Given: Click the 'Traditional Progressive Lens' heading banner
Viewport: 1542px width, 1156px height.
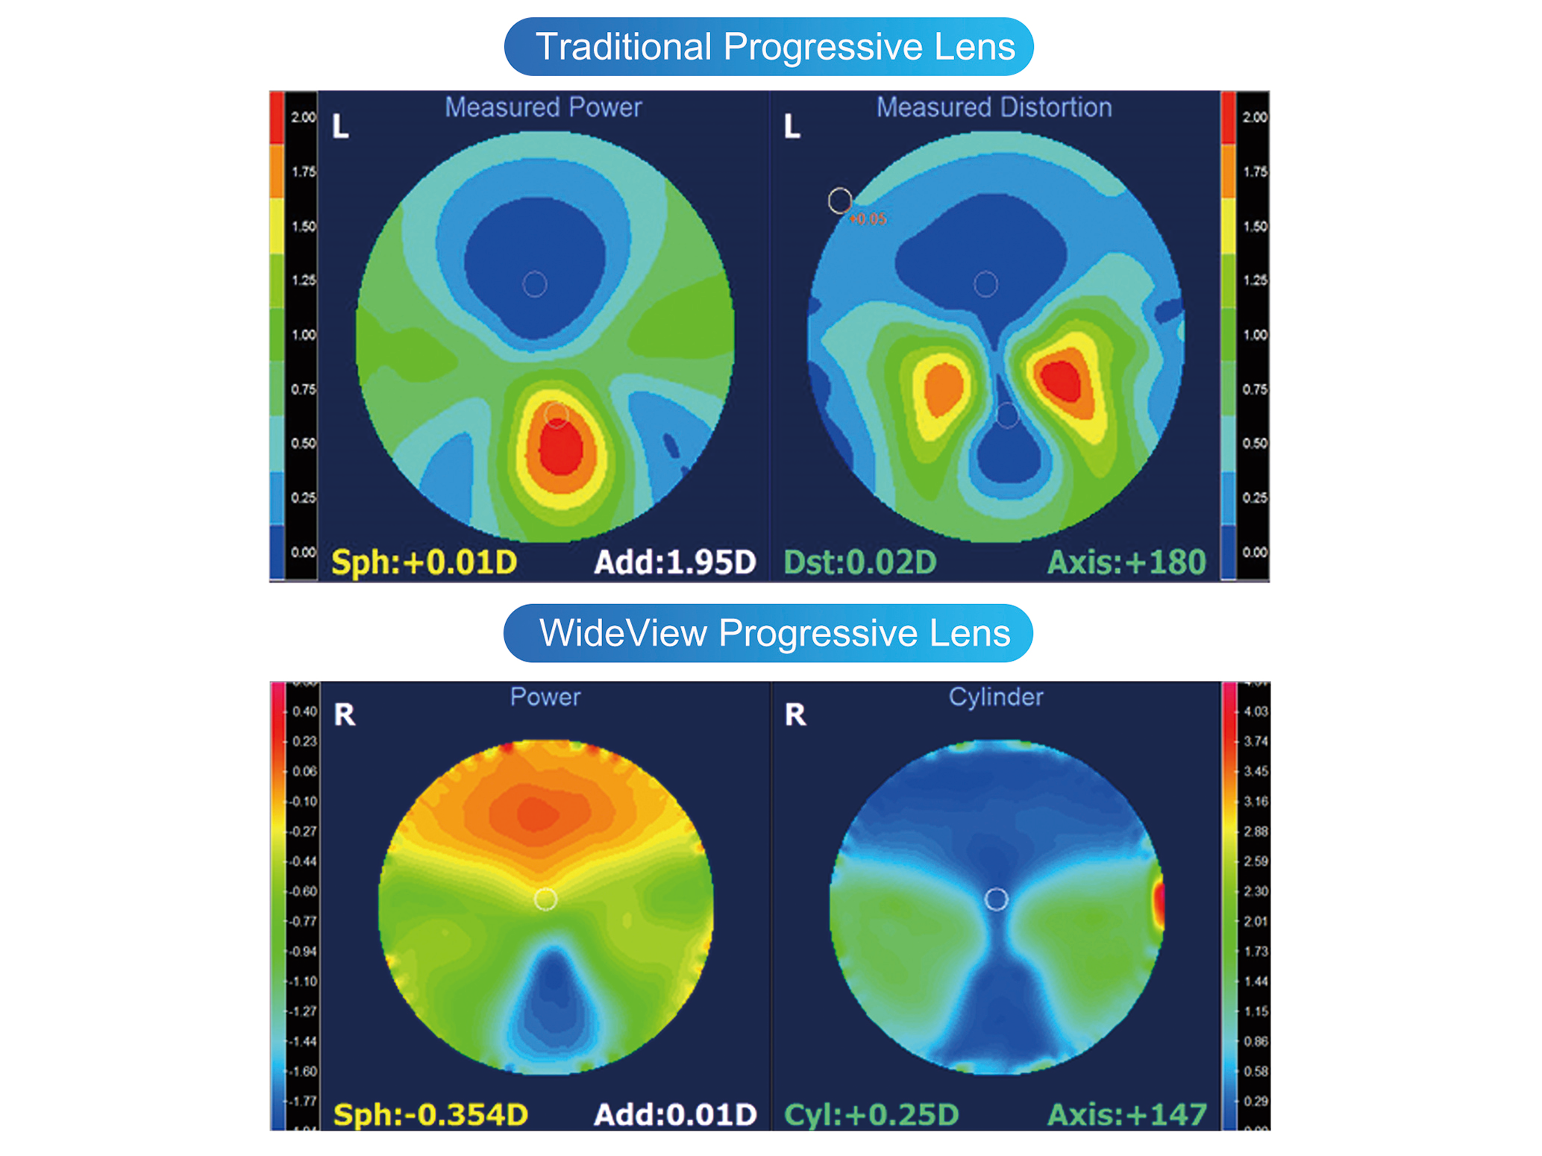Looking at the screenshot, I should [768, 46].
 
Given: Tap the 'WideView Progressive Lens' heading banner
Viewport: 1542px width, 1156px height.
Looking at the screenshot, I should [768, 633].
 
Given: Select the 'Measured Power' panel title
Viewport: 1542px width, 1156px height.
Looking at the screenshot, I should [543, 107].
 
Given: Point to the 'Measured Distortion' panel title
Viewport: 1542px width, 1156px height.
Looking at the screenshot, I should [994, 107].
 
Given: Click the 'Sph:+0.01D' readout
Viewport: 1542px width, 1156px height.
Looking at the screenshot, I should [424, 562].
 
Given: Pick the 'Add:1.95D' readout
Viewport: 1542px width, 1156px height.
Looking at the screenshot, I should [674, 562].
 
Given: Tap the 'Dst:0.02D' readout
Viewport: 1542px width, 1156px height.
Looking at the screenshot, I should [859, 562].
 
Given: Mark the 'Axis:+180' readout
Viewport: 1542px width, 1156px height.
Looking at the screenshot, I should [1126, 562].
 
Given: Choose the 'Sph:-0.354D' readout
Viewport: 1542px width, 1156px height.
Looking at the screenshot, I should [430, 1114].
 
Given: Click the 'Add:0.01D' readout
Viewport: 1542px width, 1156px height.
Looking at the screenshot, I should [675, 1114].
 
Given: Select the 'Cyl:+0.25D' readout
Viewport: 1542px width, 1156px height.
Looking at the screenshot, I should [871, 1114].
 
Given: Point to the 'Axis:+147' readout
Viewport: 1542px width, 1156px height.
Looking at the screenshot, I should [1126, 1114].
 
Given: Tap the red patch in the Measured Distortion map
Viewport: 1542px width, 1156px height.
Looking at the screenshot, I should [1062, 380].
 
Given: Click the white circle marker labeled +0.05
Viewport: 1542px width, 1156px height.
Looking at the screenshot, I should [840, 201].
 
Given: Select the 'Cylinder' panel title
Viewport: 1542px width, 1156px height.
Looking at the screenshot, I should [995, 697].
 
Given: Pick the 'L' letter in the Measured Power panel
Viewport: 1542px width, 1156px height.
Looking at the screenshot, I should [340, 127].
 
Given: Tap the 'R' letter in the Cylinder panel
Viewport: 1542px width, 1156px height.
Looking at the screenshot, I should [795, 714].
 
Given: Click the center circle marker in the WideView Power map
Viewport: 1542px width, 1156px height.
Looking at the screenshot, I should [545, 899].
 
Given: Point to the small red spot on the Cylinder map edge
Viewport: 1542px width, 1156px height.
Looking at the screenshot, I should [1159, 903].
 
